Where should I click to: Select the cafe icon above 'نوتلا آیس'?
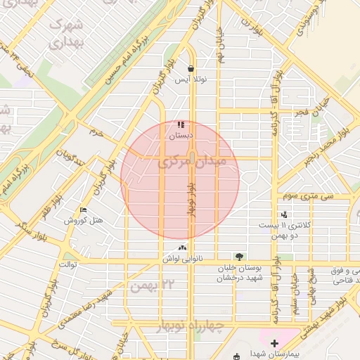pos(191,69)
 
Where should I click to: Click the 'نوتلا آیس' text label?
pos(191,81)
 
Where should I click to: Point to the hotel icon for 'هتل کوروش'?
pos(84,210)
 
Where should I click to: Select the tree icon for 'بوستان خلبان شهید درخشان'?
pos(240,257)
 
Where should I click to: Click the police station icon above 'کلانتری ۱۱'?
pos(284,214)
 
